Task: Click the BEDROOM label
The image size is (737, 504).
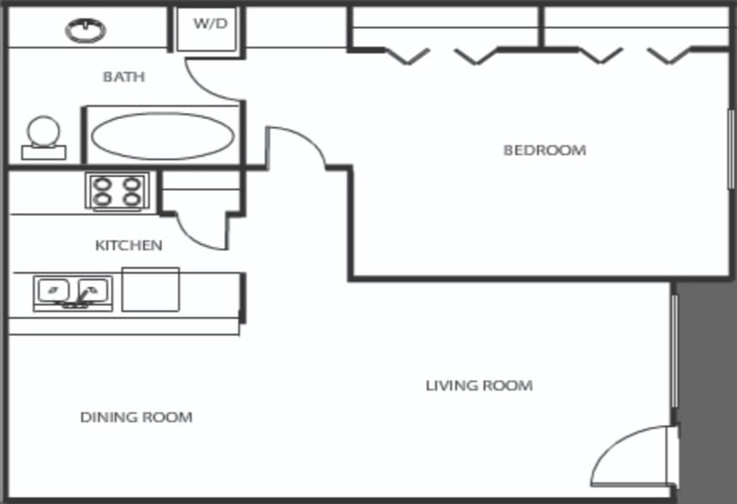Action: click(544, 150)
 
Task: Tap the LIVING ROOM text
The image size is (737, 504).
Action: click(478, 386)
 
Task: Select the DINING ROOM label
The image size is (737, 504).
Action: click(136, 417)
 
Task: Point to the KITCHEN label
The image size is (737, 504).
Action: click(129, 245)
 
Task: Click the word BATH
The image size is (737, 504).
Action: click(124, 77)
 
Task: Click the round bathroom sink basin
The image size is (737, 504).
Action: click(86, 30)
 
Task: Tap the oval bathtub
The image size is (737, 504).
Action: click(162, 135)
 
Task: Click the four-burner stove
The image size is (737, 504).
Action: click(117, 191)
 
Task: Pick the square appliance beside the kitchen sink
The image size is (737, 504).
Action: click(150, 290)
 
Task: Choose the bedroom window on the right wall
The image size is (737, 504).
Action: click(731, 150)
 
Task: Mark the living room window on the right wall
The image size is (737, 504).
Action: click(674, 350)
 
